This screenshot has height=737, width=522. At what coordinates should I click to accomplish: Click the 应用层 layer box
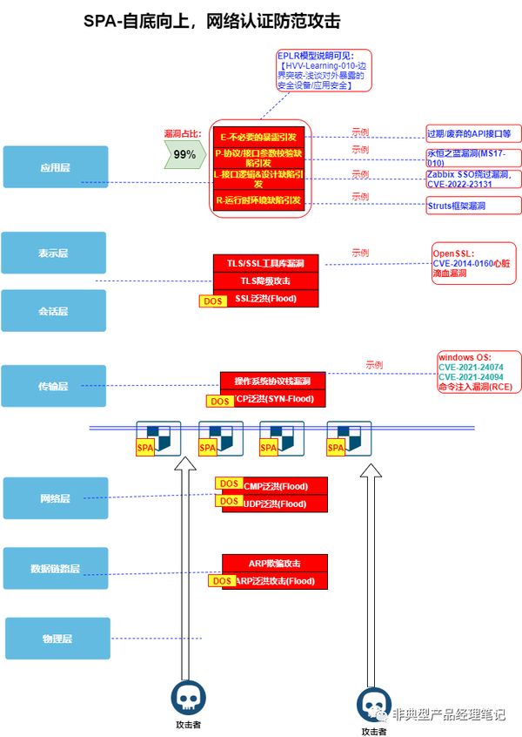[x=54, y=167]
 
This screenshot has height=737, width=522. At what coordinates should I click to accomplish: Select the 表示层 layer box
[x=54, y=253]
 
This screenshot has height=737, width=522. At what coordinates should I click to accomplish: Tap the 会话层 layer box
[x=54, y=310]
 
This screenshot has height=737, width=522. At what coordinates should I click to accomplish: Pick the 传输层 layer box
[x=54, y=386]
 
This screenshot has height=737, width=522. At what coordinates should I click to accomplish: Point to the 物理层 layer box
[x=57, y=639]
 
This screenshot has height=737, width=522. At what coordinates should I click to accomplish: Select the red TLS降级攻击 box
[x=265, y=281]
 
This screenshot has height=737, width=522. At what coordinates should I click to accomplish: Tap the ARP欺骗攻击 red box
[x=275, y=563]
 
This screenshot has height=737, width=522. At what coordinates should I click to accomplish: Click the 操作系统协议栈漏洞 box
[x=273, y=381]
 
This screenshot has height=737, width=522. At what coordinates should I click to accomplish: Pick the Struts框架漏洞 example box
[x=473, y=206]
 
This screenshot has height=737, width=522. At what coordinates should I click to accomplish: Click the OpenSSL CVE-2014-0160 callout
[x=473, y=262]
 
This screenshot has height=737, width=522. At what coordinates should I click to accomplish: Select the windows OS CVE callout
[x=476, y=373]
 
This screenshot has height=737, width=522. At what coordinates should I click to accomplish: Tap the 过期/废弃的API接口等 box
[x=473, y=133]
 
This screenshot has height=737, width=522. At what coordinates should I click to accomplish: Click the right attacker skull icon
[x=372, y=702]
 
